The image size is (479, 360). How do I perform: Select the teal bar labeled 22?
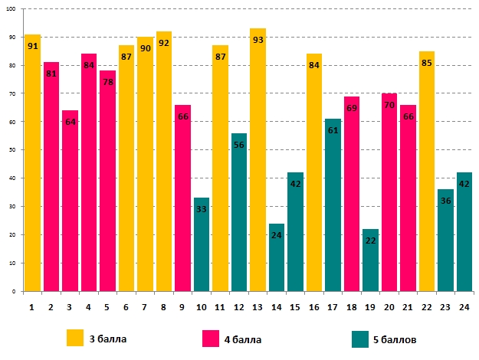[x=370, y=260]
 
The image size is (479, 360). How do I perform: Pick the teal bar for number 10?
[x=202, y=244]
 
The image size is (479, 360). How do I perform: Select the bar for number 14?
[x=277, y=257]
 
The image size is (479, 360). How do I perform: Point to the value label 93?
[x=258, y=40]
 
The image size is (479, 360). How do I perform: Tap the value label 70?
[x=389, y=105]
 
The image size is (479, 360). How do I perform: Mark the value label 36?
[x=445, y=201]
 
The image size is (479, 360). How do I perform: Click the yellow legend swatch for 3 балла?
[x=75, y=338]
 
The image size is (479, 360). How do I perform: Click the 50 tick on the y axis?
[x=15, y=150]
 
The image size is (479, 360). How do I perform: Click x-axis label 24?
[x=464, y=306]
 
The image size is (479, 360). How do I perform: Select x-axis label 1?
[x=32, y=306]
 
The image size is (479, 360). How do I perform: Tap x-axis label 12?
[x=239, y=306]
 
